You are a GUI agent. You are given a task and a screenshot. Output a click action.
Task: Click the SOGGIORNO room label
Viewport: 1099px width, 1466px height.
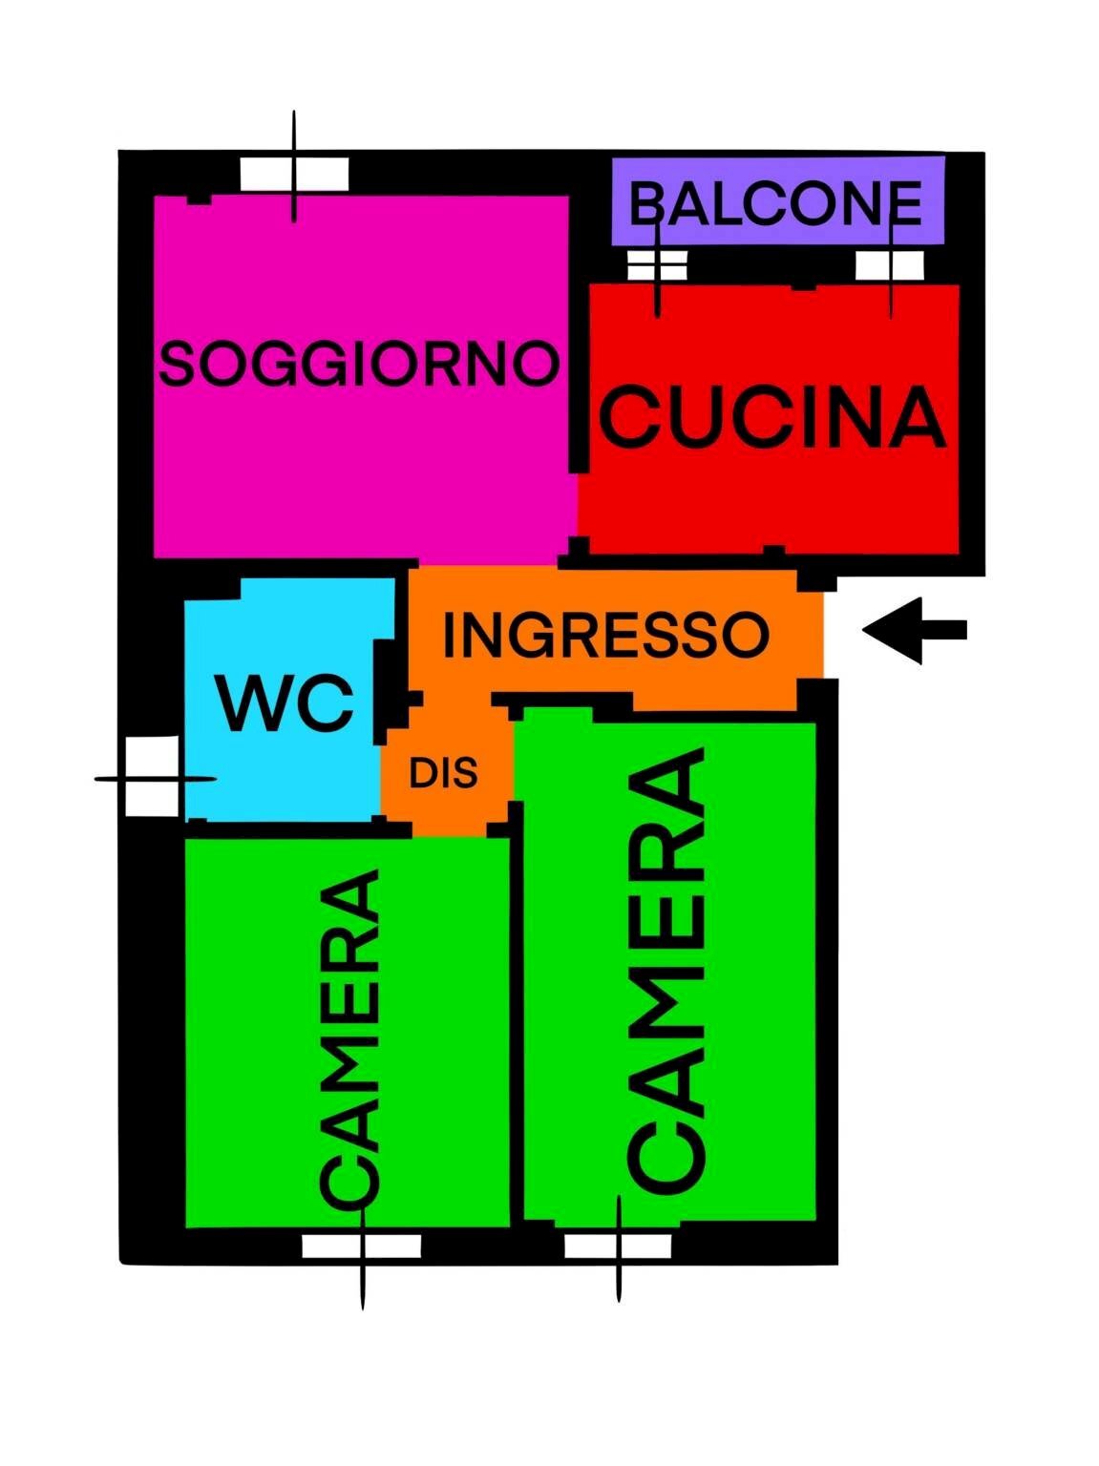[358, 364]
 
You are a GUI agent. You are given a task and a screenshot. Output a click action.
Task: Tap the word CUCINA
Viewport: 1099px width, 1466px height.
[771, 417]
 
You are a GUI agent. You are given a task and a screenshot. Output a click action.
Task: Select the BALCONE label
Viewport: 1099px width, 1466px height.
[775, 202]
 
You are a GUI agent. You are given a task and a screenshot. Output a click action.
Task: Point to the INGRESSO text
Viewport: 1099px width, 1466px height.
[605, 635]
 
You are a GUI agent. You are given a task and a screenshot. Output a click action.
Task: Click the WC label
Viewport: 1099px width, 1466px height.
[285, 703]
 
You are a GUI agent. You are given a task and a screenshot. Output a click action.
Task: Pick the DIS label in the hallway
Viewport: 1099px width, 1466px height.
[443, 773]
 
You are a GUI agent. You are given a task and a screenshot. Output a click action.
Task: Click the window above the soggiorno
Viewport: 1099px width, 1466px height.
[294, 174]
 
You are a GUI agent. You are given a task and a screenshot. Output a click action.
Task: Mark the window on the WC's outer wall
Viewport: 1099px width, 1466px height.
[153, 777]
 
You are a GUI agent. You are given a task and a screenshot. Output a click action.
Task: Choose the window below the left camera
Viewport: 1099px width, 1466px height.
[362, 1246]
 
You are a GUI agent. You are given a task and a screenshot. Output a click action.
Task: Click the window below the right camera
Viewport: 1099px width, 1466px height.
[618, 1246]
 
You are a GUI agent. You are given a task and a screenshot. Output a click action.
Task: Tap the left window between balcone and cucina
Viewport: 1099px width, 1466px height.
[657, 265]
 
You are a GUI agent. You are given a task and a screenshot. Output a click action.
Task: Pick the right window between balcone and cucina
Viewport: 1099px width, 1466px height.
[890, 265]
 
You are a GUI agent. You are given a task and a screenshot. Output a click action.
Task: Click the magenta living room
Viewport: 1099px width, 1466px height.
[363, 458]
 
